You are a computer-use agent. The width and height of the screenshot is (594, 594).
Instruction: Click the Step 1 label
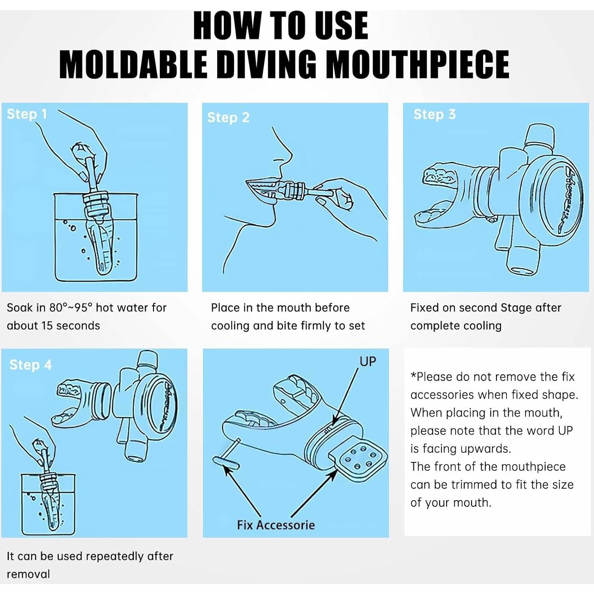[x=27, y=114]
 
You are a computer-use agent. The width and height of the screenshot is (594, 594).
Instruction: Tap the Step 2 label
[x=228, y=118]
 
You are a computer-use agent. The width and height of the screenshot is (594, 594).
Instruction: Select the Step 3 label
[x=434, y=114]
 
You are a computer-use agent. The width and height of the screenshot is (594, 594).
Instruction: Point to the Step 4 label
[x=30, y=365]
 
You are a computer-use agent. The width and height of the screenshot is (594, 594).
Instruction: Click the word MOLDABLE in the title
[x=133, y=65]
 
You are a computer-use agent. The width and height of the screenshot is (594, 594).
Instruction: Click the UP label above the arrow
[x=368, y=361]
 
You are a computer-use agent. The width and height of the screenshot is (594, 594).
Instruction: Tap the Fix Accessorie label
[x=276, y=525]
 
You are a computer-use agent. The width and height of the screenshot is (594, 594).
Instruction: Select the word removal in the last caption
[x=28, y=574]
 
